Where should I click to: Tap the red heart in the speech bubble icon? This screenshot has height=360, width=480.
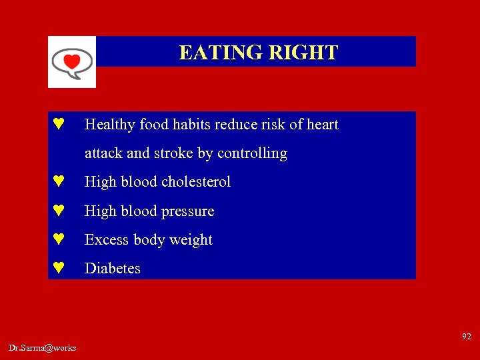point(71,62)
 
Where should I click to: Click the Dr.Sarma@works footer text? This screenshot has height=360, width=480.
point(43,348)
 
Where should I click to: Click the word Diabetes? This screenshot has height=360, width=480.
point(113,269)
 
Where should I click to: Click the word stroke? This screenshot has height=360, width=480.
point(175,153)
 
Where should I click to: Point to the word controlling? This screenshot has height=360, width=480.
point(252,153)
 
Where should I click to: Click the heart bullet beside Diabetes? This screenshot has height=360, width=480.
point(59,268)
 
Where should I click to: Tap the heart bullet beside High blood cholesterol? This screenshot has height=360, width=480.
point(59,181)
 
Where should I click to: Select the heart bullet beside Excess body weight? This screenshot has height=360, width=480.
point(59,239)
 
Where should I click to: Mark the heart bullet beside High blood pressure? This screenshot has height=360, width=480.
point(59,211)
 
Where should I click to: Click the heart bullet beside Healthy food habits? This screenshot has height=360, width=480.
point(59,124)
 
